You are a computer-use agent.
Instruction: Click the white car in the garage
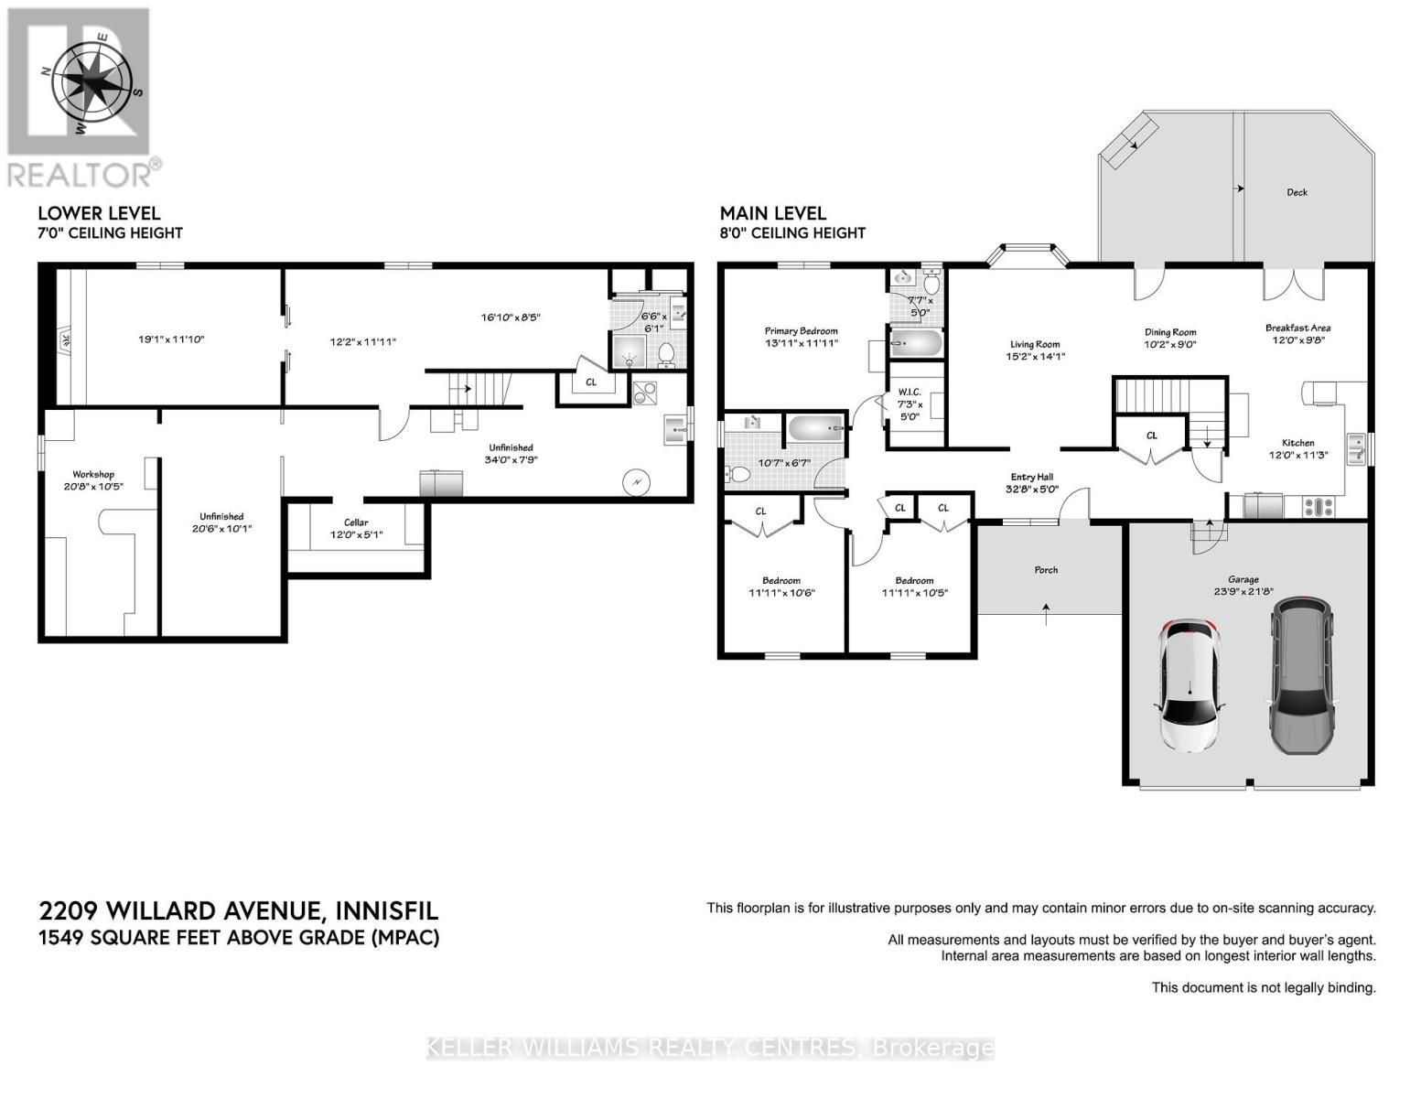[x=1189, y=685]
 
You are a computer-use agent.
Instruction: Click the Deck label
[x=1297, y=192]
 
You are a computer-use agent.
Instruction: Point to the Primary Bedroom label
[x=801, y=331]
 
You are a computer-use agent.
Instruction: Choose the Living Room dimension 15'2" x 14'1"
[x=1035, y=357]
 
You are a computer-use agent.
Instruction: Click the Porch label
[x=1046, y=570]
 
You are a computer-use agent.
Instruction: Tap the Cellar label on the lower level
[x=356, y=522]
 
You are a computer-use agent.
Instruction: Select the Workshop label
[x=93, y=474]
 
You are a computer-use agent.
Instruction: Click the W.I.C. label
[x=910, y=392]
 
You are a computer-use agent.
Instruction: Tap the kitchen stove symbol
[x=1321, y=506]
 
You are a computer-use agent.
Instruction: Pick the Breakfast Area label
[x=1297, y=328]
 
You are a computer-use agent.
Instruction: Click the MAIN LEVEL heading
[x=772, y=213]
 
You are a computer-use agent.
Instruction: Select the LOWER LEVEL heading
[x=99, y=213]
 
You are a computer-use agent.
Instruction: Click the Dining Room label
[x=1169, y=332]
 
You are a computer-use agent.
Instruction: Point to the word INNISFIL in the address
[x=387, y=911]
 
